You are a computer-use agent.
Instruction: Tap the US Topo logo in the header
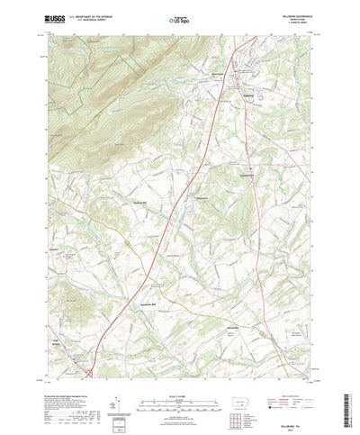(177, 17)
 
